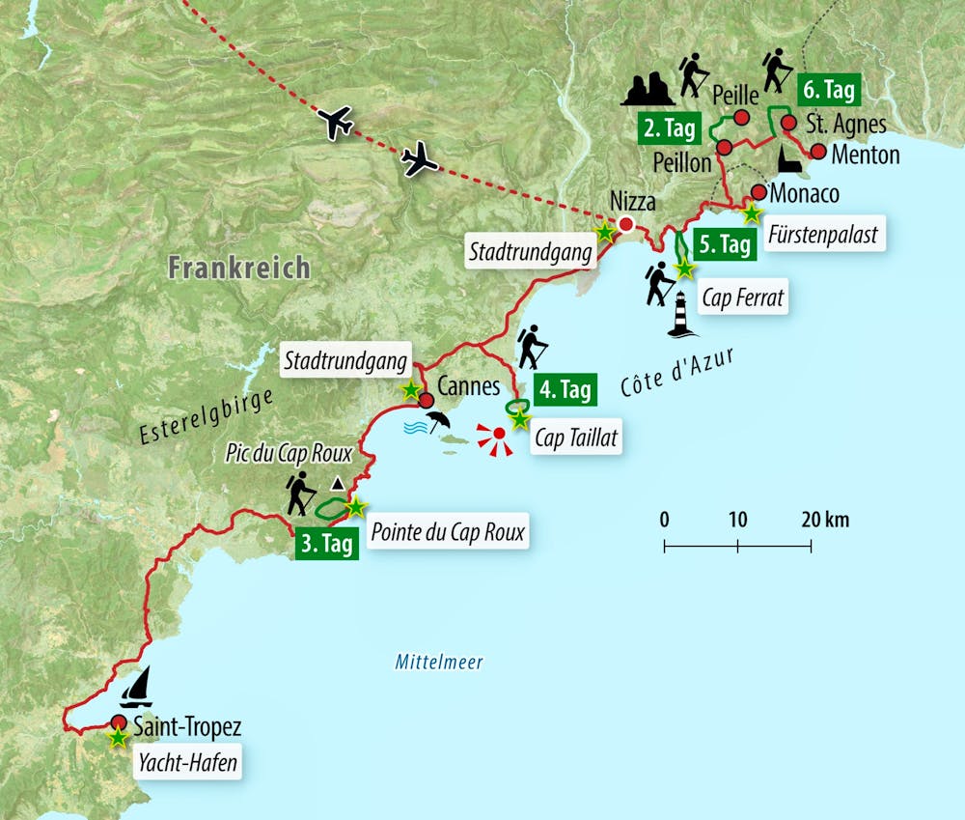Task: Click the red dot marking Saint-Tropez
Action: (119, 722)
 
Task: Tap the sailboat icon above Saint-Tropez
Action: (136, 688)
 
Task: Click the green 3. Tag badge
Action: (326, 544)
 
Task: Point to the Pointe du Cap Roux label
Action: (449, 531)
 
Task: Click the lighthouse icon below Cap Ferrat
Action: (682, 315)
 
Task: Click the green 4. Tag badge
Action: (565, 390)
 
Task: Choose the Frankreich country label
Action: (238, 268)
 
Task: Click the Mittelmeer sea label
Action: (438, 663)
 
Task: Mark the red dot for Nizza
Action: (625, 225)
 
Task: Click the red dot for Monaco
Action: (758, 191)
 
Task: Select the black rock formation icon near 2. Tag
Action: (648, 89)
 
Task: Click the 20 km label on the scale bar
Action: (825, 520)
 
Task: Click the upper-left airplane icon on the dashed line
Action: (335, 123)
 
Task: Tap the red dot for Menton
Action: (817, 152)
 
